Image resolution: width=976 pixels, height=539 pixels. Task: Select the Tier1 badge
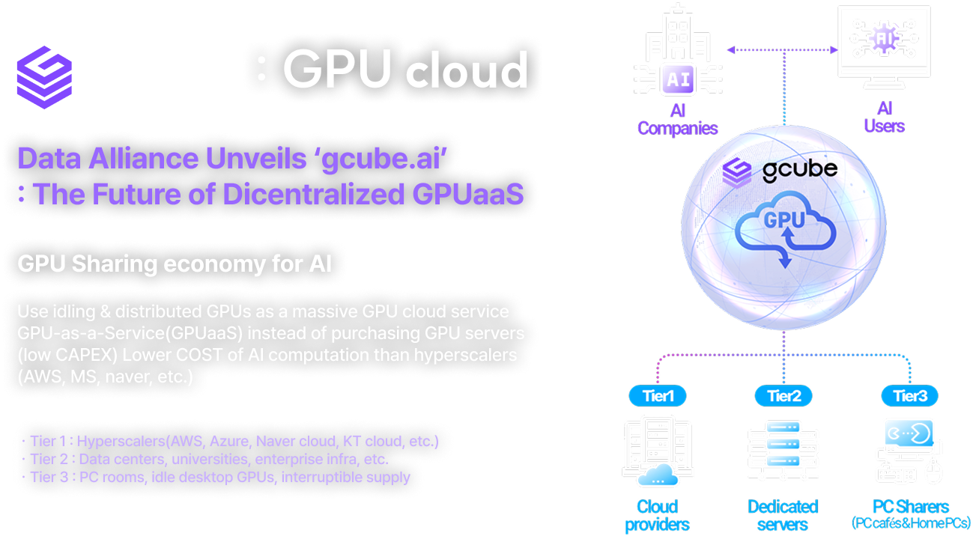[658, 395]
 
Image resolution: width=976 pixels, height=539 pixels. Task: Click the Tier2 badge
[783, 395]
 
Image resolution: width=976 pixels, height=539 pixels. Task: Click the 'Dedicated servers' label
[783, 515]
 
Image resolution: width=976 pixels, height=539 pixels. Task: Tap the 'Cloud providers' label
[657, 515]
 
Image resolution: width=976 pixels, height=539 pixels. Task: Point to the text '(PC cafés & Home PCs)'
[911, 523]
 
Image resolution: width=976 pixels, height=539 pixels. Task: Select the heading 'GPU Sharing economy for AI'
[175, 264]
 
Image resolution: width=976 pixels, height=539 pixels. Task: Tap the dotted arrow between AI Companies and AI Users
[782, 50]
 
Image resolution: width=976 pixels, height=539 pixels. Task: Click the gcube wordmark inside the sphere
[799, 170]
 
